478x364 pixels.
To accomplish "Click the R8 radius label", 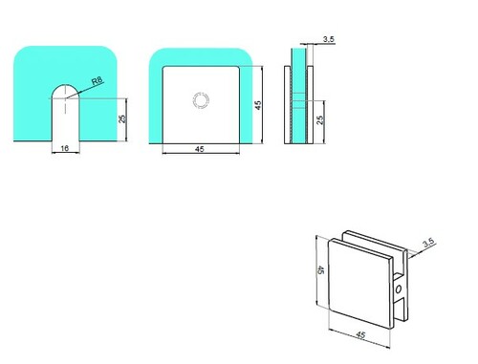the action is [98, 80].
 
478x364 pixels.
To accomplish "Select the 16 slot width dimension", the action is [65, 148].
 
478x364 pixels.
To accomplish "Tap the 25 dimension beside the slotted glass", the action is [122, 118].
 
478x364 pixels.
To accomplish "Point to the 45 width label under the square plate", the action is [199, 149].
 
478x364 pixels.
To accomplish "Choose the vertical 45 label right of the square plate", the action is [258, 105].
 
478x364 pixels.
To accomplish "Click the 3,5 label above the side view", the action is [328, 39].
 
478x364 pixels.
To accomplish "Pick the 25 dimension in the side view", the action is [320, 119].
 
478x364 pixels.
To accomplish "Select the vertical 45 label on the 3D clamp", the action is [320, 270].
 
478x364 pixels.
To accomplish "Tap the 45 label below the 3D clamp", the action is [360, 335].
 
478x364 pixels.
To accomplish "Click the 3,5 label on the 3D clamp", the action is [428, 243].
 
